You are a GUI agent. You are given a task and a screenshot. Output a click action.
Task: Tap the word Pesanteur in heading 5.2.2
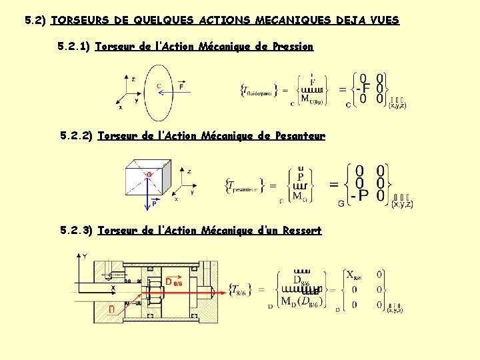(x=299, y=136)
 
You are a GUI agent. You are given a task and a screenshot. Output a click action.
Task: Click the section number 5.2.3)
(x=75, y=231)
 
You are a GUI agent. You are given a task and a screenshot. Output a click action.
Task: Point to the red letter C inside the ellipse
(x=159, y=85)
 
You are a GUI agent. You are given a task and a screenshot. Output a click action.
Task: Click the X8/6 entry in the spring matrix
(x=353, y=275)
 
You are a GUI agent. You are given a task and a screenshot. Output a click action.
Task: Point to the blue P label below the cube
(x=154, y=204)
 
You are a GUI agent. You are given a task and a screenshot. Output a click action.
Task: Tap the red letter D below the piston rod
(x=112, y=309)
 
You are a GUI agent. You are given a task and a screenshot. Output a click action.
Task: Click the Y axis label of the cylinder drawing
(x=85, y=255)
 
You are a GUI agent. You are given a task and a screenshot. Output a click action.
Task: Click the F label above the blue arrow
(x=182, y=86)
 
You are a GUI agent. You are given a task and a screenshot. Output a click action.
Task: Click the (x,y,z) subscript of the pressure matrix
(x=397, y=105)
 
